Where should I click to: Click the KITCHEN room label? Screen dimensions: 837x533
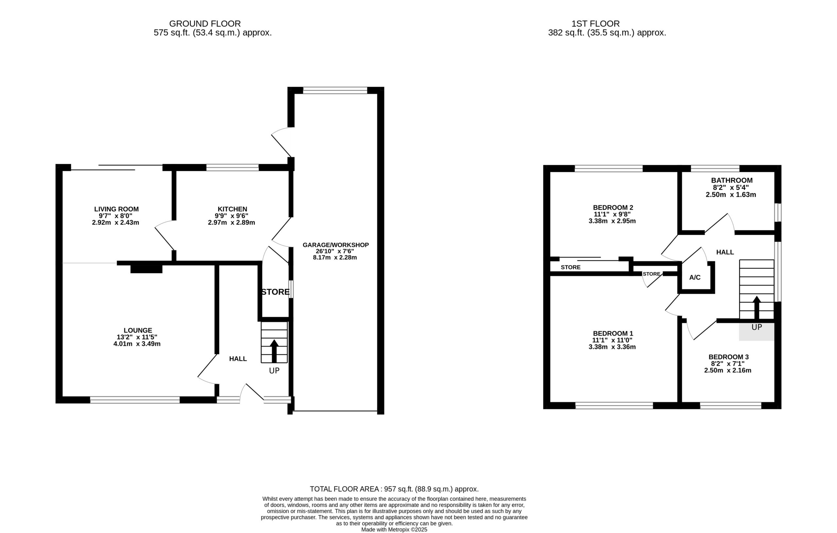[232, 209]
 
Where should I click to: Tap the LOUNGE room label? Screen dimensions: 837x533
[138, 331]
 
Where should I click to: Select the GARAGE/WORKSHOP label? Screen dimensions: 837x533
[335, 245]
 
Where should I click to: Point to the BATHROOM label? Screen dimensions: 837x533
[732, 180]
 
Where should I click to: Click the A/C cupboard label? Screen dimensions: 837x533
[695, 277]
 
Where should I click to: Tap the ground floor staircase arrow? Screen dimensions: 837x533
[274, 351]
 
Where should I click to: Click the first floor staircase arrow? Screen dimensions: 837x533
[756, 308]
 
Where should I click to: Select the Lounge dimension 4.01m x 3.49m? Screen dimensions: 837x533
[137, 344]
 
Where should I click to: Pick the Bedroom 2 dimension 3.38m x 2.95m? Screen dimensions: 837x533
[612, 221]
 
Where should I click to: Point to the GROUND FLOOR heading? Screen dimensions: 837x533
[205, 24]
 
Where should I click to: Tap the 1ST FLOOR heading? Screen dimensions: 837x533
[595, 24]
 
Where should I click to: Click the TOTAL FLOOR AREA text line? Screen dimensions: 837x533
[394, 489]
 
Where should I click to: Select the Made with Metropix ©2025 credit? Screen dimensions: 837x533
[394, 529]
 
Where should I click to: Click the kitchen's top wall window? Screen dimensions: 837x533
[232, 167]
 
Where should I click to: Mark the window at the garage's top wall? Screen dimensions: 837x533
[335, 90]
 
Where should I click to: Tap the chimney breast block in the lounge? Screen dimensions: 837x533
[146, 269]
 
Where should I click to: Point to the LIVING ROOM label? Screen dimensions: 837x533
[116, 209]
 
